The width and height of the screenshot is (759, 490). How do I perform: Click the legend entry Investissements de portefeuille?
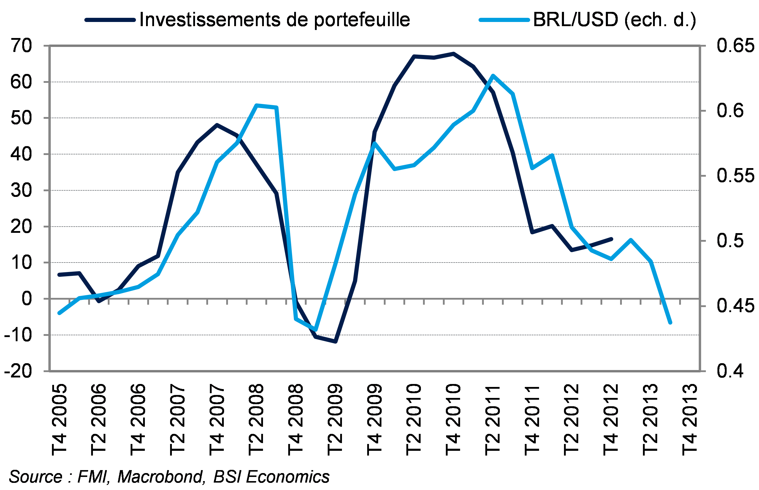[x=274, y=20]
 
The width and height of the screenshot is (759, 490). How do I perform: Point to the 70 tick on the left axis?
[x=21, y=46]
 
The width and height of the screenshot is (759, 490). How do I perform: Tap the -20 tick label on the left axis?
[x=18, y=371]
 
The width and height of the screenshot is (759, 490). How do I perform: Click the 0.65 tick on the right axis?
[x=735, y=46]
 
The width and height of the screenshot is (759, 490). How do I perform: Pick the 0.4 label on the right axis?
[x=731, y=371]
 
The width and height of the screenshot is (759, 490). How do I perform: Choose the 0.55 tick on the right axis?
[x=735, y=176]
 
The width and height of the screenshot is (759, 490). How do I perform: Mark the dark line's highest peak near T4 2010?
[x=454, y=53]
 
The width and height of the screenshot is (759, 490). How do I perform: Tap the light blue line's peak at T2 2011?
[x=493, y=75]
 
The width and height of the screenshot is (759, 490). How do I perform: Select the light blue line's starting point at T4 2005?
[x=59, y=313]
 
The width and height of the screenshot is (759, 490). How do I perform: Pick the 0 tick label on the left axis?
[x=27, y=299]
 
